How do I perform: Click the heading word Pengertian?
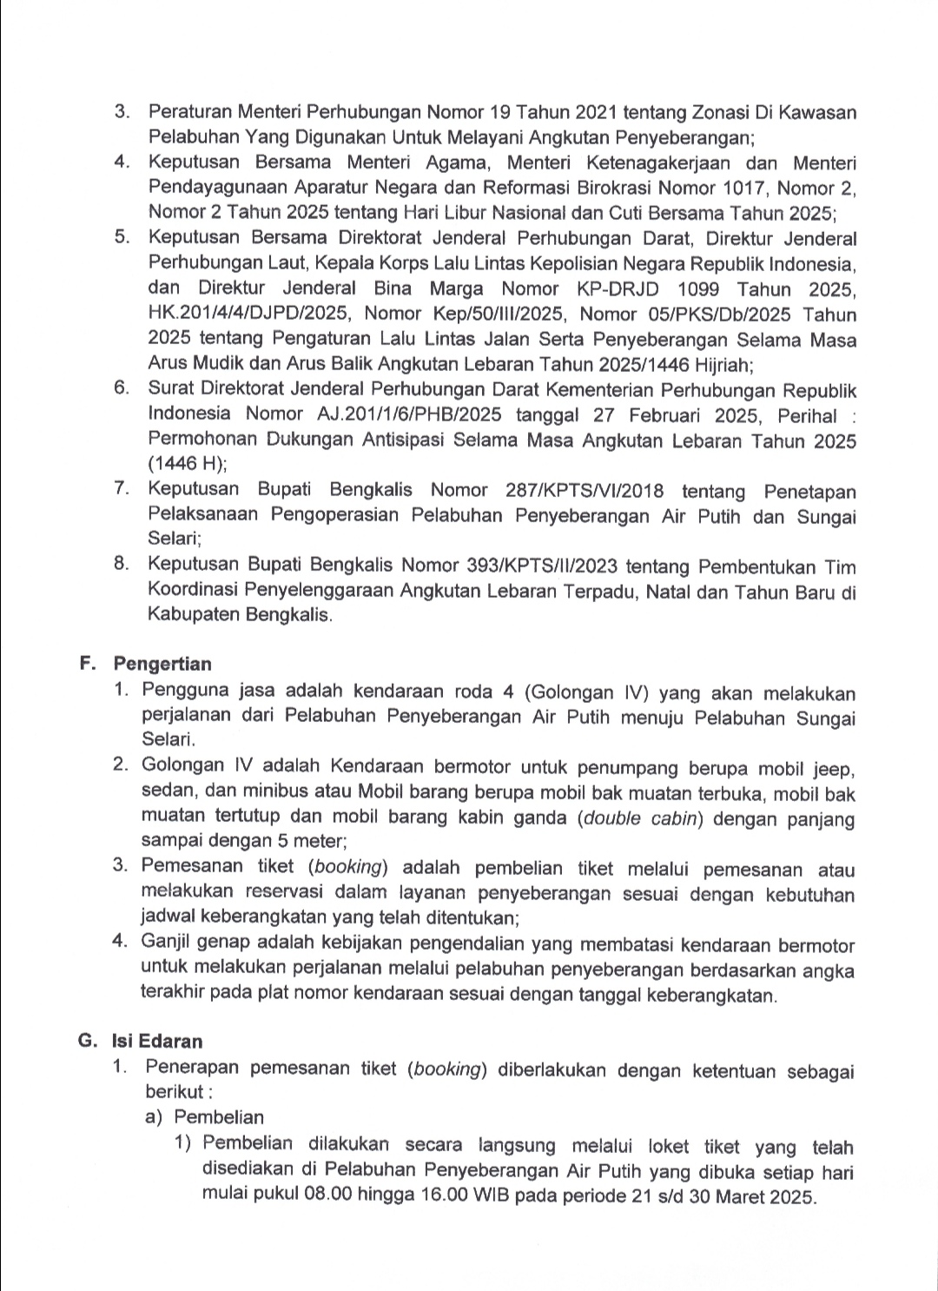click(x=162, y=665)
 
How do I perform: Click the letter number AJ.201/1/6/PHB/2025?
click(x=409, y=415)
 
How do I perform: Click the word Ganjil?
click(x=170, y=944)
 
